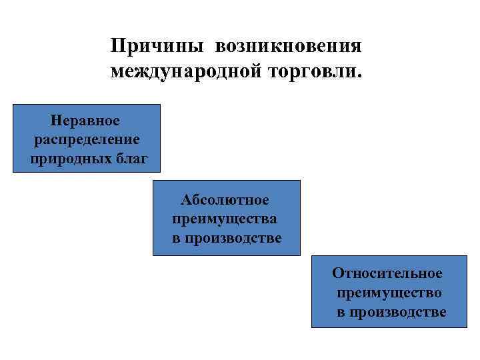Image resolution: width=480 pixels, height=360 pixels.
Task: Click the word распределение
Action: [86, 139]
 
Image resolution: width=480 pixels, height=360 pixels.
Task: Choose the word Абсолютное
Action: [225, 199]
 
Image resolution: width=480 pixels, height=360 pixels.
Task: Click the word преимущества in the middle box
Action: [225, 219]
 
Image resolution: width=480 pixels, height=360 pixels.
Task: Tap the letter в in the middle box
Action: [177, 238]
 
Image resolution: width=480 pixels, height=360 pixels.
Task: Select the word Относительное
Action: [387, 273]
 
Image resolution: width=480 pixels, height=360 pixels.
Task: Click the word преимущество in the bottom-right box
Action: [389, 293]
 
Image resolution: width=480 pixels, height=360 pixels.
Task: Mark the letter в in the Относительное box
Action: [341, 312]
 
